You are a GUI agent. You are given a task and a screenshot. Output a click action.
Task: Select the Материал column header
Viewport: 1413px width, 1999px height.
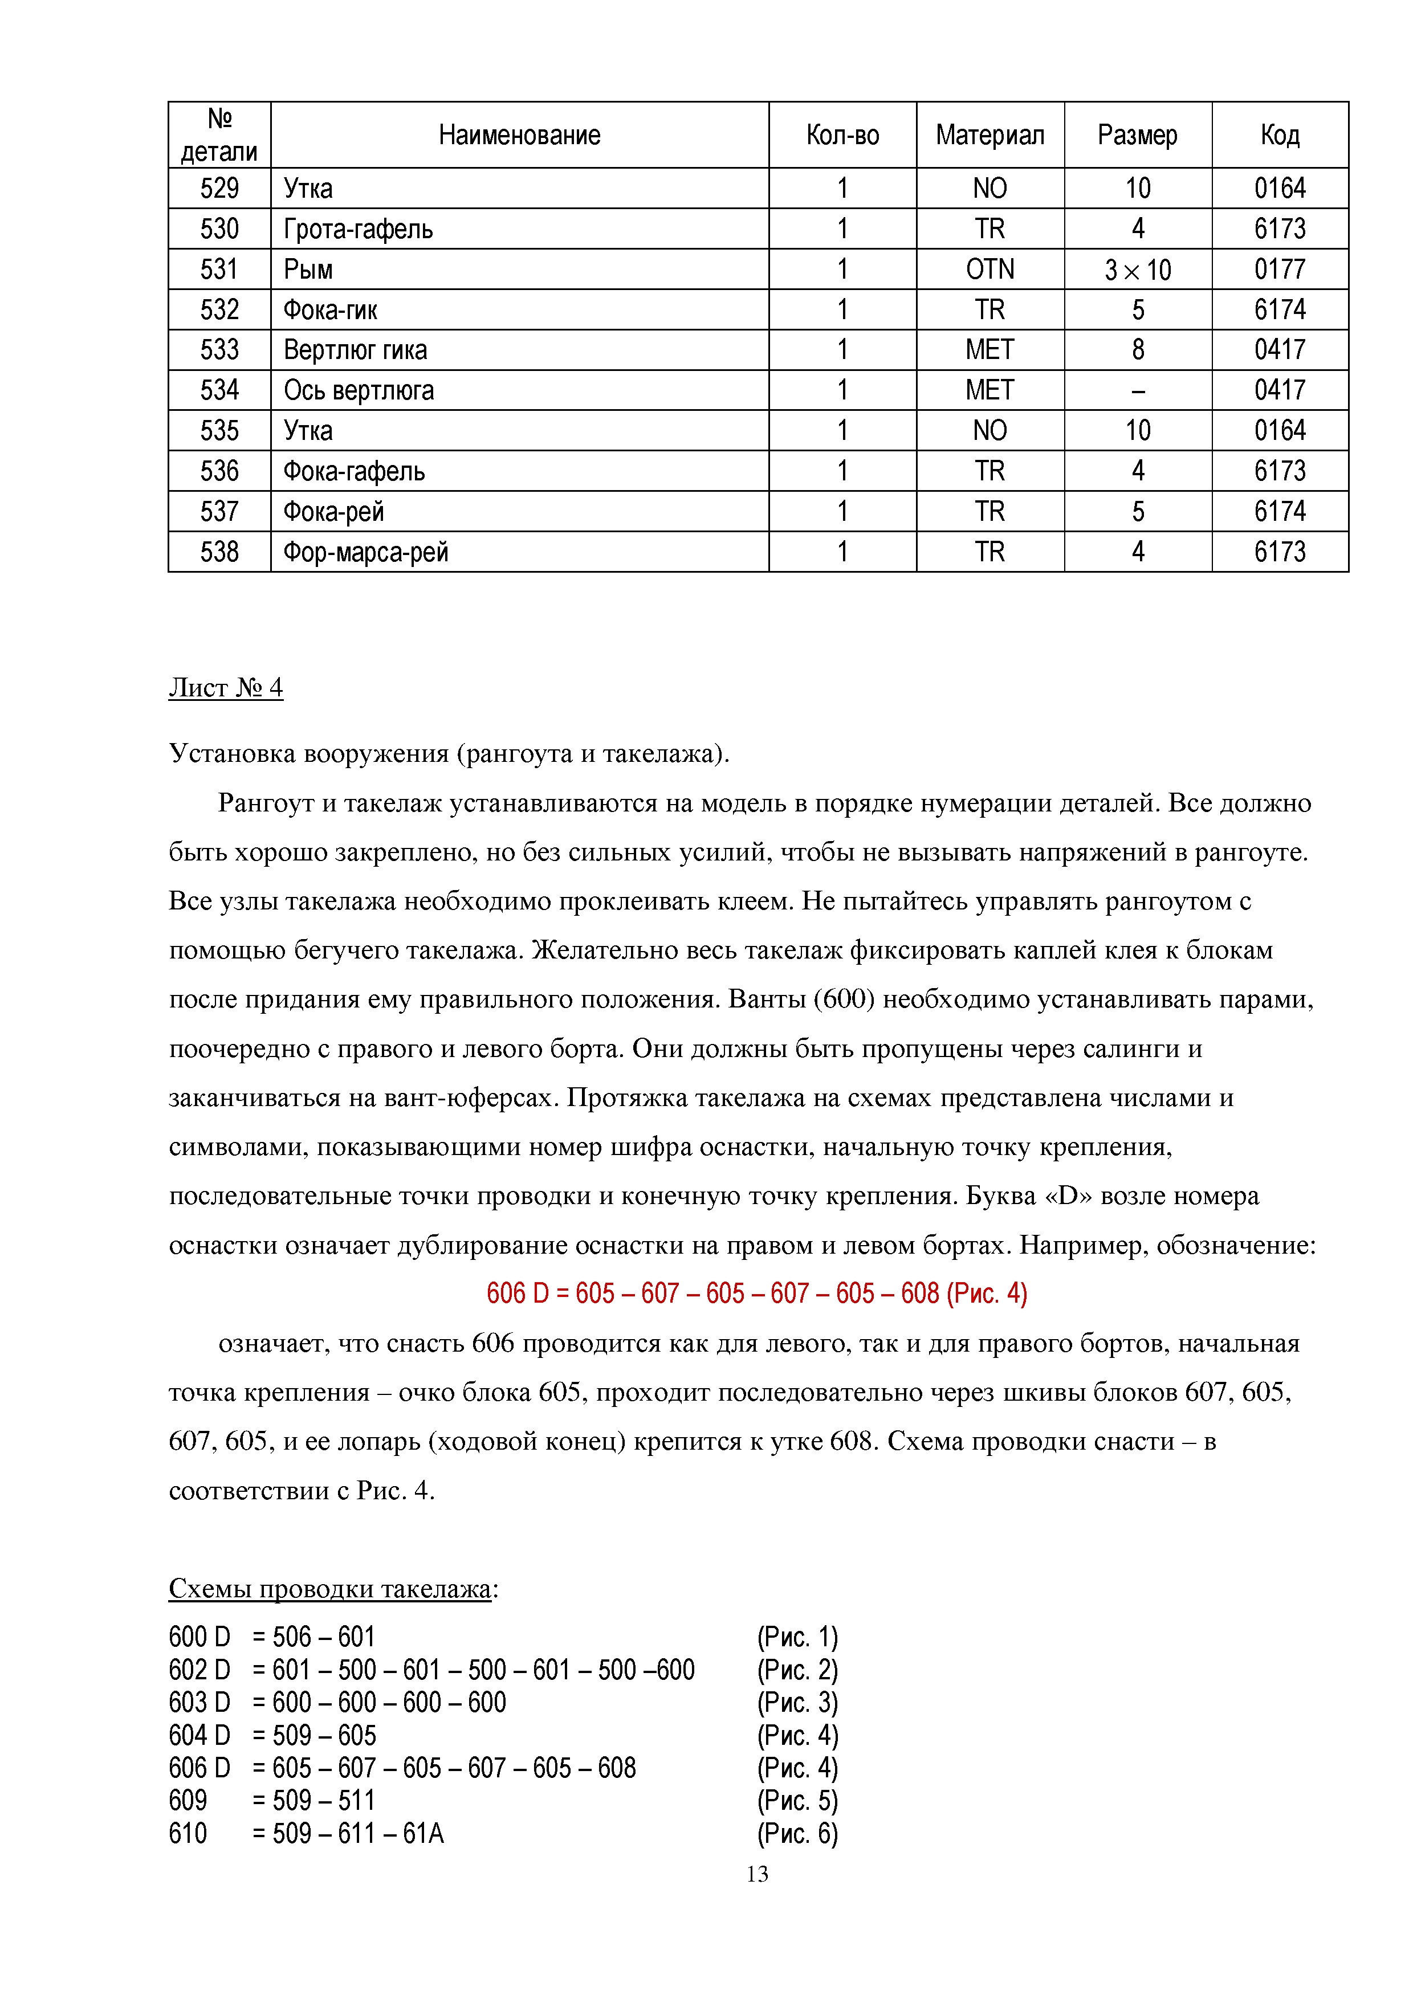click(x=990, y=135)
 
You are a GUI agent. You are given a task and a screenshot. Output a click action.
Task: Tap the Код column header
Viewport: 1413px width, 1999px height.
click(x=1280, y=135)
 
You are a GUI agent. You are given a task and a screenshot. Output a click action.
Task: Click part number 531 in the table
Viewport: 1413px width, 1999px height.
click(x=219, y=269)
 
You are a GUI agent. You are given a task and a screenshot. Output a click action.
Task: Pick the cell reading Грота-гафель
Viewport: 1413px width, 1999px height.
click(x=358, y=229)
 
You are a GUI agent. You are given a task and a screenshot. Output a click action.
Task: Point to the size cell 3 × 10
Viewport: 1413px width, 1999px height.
click(x=1138, y=270)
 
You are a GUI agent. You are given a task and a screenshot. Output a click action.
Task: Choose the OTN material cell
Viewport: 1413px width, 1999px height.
click(x=990, y=269)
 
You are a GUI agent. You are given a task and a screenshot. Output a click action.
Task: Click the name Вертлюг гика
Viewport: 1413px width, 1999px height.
click(x=355, y=350)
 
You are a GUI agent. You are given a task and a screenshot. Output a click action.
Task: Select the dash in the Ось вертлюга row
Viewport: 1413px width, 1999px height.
click(x=1138, y=390)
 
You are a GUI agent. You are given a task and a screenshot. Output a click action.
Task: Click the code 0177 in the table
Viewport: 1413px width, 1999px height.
click(x=1280, y=269)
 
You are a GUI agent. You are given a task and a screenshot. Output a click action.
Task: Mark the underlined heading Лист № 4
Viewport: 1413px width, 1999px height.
click(x=226, y=688)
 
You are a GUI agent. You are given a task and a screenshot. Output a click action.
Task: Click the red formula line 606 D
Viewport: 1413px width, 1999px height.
click(x=756, y=1294)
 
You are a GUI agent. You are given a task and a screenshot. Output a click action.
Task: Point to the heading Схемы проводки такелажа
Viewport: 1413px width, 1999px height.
click(x=331, y=1589)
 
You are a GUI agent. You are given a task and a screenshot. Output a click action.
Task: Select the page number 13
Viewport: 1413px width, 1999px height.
click(x=756, y=1874)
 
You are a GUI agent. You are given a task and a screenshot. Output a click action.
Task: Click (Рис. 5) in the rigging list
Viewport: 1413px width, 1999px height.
click(x=797, y=1801)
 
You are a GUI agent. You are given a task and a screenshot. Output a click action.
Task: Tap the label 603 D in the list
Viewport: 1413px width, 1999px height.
click(x=199, y=1702)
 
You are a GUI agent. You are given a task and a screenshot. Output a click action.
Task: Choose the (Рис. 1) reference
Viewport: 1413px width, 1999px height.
click(x=797, y=1638)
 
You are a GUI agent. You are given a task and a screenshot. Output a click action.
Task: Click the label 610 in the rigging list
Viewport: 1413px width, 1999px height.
click(x=188, y=1834)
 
